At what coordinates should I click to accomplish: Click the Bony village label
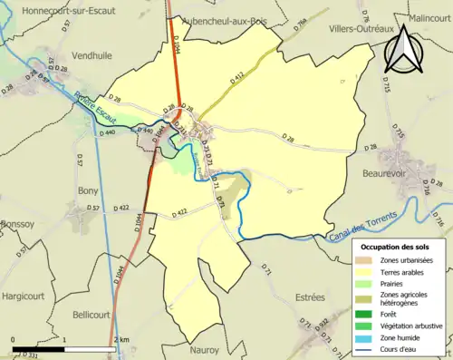point(88,190)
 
